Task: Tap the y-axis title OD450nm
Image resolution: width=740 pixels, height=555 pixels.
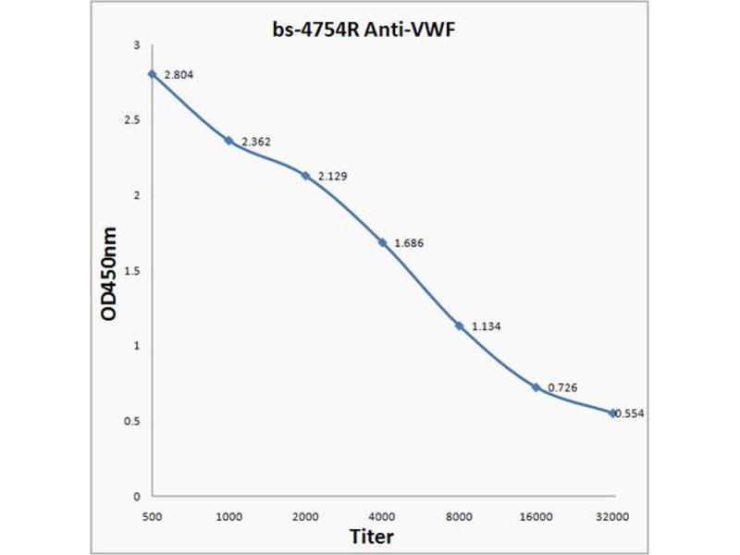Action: click(x=108, y=273)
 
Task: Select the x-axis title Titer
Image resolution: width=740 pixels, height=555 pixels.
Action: click(x=371, y=536)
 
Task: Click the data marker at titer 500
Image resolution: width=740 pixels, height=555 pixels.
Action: click(x=152, y=74)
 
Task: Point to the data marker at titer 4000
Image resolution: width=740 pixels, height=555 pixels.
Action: click(x=382, y=242)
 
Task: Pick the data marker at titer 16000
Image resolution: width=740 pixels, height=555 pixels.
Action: click(x=536, y=387)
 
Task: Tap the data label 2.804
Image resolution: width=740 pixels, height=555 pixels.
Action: click(x=179, y=74)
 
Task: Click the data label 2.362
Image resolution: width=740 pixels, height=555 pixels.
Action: click(x=255, y=142)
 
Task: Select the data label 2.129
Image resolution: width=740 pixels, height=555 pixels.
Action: click(x=333, y=176)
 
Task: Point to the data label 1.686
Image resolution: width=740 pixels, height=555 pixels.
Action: click(x=409, y=242)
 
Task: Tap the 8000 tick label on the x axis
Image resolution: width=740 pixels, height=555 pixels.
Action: click(x=459, y=513)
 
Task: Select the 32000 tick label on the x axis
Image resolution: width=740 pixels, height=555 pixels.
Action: click(x=612, y=513)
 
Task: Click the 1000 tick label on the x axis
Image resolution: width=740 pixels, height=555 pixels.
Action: click(x=228, y=513)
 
